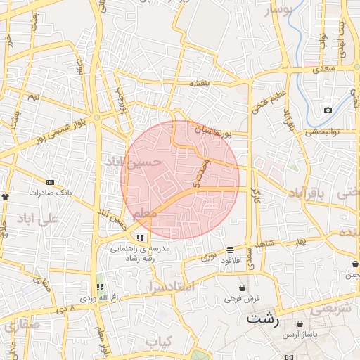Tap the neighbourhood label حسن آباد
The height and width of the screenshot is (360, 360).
pos(134,162)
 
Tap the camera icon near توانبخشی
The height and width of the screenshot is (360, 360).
pos(328,110)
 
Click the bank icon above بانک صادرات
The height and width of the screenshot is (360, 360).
pos(49,182)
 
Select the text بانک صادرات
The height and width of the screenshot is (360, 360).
pos(51,192)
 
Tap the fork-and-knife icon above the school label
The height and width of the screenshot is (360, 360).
pos(140,238)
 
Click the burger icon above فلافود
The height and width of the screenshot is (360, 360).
pos(231,250)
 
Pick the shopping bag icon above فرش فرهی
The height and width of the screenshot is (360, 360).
pos(242,288)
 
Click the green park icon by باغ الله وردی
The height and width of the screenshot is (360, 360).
pos(100,288)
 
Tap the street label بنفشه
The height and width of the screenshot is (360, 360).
pos(200,84)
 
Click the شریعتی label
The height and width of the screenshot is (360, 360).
pos(330,309)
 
